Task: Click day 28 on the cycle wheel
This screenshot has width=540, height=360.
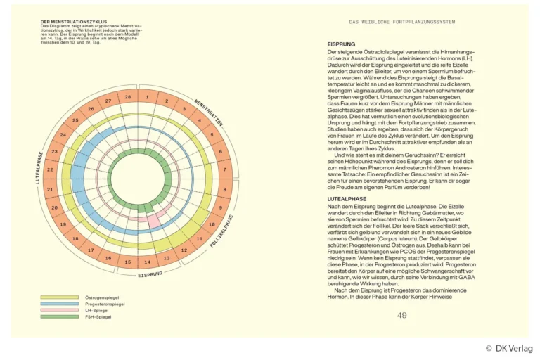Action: pyautogui.click(x=127, y=97)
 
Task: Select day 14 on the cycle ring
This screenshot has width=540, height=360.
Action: pyautogui.click(x=147, y=262)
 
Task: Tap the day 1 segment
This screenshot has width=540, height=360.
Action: pyautogui.click(x=147, y=97)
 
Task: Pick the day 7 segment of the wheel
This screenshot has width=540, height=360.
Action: pyautogui.click(x=224, y=170)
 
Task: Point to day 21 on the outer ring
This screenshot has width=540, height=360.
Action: pyautogui.click(x=50, y=189)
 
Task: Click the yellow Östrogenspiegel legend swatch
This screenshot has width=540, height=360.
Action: pyautogui.click(x=59, y=297)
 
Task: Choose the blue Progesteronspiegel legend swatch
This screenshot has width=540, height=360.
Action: pyautogui.click(x=59, y=304)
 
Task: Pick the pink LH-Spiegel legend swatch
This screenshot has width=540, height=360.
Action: pyautogui.click(x=59, y=310)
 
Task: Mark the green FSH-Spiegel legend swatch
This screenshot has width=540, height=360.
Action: pyautogui.click(x=59, y=316)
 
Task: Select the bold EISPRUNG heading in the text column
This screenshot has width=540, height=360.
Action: pyautogui.click(x=342, y=44)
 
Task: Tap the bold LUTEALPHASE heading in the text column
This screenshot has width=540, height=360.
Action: pyautogui.click(x=347, y=199)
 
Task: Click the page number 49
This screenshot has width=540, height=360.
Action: pyautogui.click(x=401, y=315)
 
